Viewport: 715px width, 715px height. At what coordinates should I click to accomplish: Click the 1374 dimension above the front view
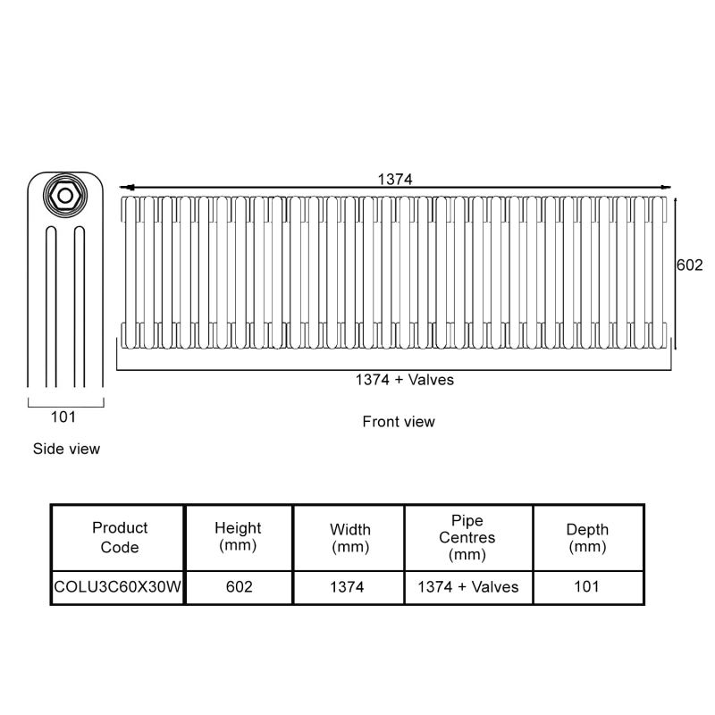pos(394,179)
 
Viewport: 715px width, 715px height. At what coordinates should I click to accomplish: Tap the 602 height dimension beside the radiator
pos(690,266)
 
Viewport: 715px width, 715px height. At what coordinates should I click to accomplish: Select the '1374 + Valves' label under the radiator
pos(405,380)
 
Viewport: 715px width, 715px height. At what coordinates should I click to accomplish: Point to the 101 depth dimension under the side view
pos(63,416)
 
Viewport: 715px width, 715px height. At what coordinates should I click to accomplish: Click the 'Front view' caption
pos(399,422)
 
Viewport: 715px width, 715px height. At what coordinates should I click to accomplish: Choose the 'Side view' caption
pos(66,449)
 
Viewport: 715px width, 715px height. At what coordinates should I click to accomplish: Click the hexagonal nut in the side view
pos(65,194)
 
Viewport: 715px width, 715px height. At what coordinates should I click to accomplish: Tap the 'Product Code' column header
pos(120,537)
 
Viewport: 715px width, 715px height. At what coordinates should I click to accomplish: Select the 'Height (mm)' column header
pos(238,537)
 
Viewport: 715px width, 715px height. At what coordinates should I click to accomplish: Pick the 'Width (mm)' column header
pos(349,538)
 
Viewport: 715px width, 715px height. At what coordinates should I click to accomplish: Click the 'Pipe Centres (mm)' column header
pos(467,537)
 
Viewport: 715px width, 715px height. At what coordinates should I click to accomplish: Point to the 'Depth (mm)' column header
pos(587,538)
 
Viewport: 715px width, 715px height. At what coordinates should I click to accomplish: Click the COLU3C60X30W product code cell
pos(117,587)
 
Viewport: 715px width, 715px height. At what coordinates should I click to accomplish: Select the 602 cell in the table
pos(239,587)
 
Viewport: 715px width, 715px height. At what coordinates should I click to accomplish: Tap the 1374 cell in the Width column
pos(349,587)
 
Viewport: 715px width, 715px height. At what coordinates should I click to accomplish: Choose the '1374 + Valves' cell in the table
pos(468,587)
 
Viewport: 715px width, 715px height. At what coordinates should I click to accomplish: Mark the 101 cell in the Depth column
pos(587,587)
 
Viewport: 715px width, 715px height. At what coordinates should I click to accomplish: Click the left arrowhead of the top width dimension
pos(126,188)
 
